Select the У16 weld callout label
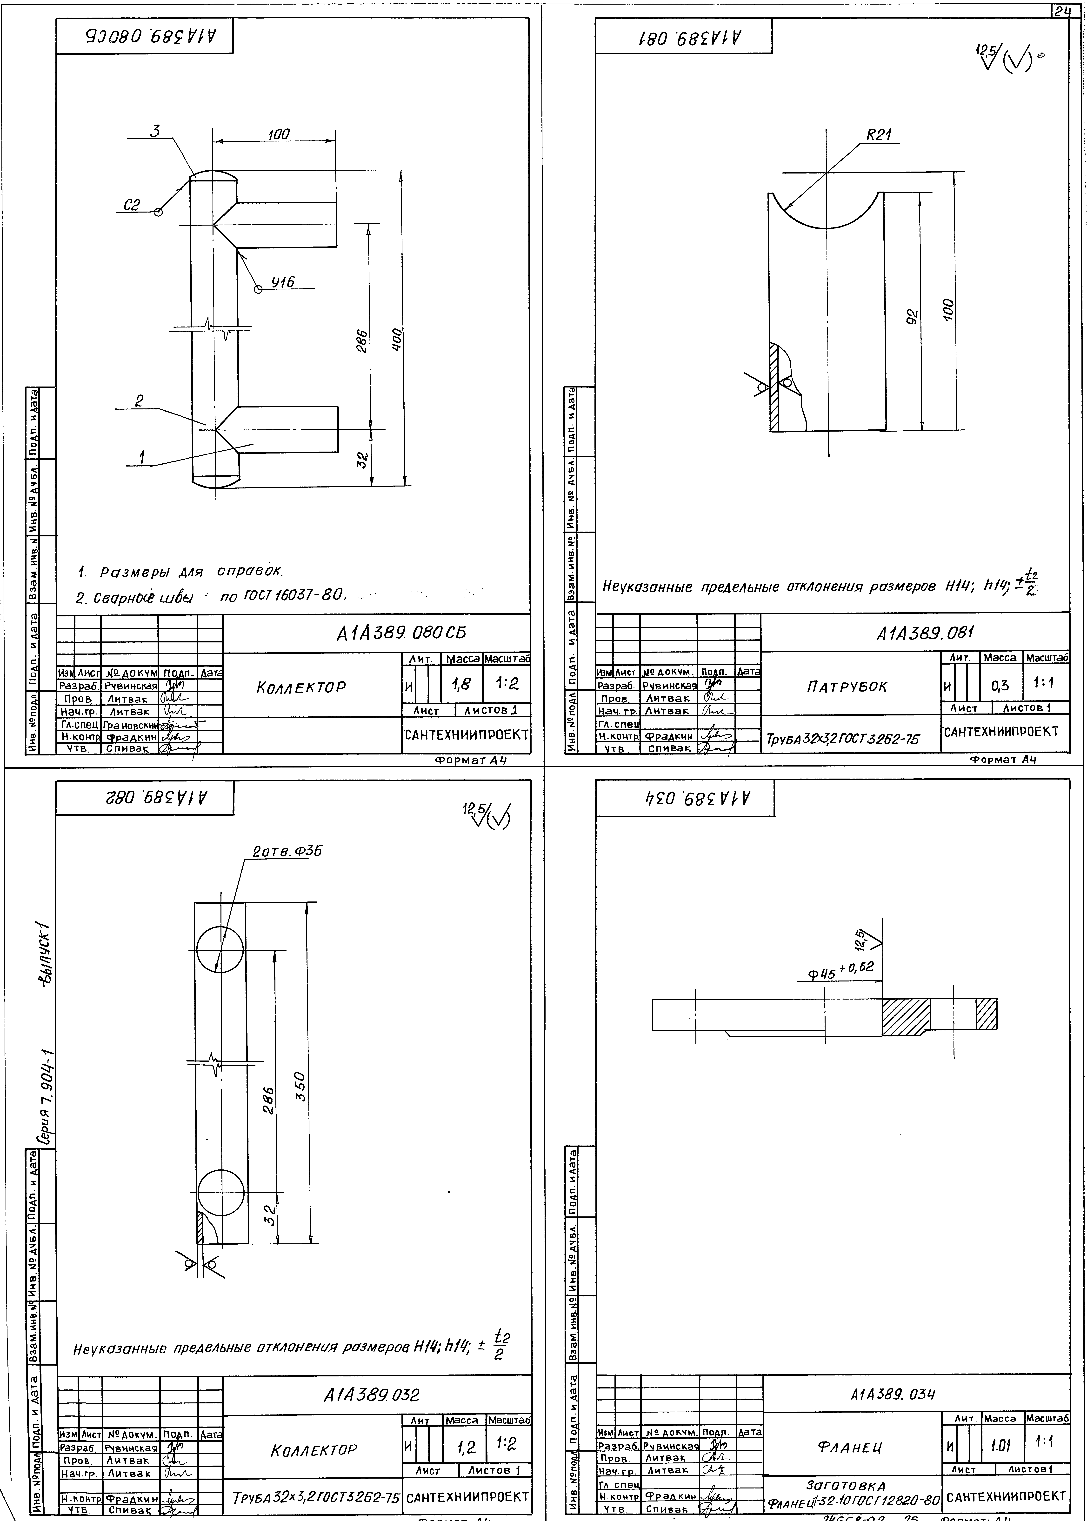(x=282, y=282)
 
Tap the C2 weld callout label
(x=132, y=206)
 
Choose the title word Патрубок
(x=847, y=687)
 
